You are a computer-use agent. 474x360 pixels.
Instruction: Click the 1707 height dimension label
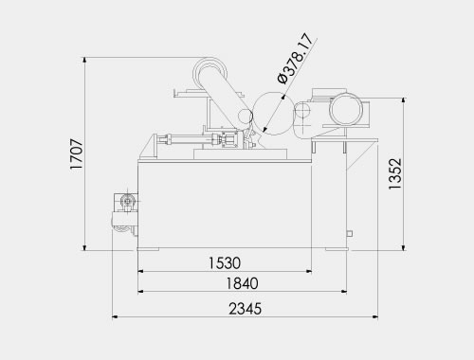pos(77,154)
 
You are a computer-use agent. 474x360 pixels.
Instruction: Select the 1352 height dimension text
pos(395,173)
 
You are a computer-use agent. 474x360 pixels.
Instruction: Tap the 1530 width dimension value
pos(225,263)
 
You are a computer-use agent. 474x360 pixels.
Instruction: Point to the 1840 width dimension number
pos(242,283)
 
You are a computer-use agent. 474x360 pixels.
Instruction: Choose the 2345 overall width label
pos(246,309)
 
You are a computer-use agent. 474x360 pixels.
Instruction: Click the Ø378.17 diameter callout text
pos(296,59)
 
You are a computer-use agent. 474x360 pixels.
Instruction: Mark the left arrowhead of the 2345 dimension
pos(115,316)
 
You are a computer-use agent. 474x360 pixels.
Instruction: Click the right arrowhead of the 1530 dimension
pos(309,271)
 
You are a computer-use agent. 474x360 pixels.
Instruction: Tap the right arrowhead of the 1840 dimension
pos(344,292)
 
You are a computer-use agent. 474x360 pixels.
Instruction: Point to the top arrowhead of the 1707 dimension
pos(84,61)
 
